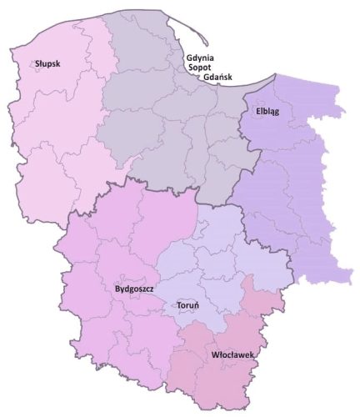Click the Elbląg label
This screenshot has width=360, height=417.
(262, 111)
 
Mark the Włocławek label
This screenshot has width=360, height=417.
(232, 355)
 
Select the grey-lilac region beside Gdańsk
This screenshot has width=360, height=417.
(167, 133)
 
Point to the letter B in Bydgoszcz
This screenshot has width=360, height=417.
(116, 289)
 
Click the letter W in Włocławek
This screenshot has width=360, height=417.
(215, 355)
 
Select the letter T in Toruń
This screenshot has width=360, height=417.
(178, 305)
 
